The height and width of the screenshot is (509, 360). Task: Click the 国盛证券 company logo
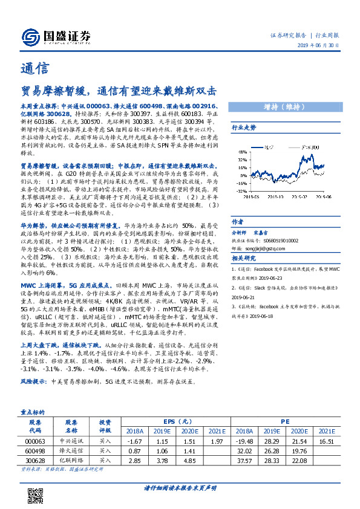(55, 34)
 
